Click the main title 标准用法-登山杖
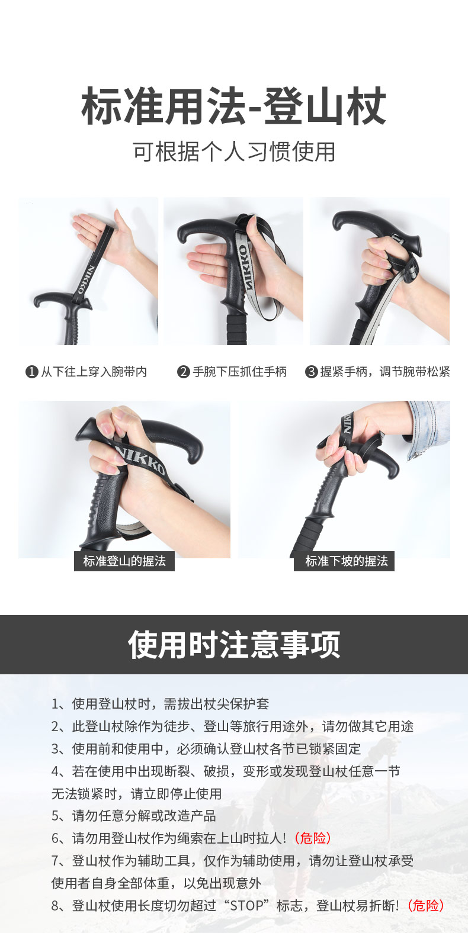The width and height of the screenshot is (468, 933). (x=234, y=106)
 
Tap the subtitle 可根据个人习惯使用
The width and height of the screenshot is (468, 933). (x=234, y=152)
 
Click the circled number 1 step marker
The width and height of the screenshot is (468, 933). (x=31, y=372)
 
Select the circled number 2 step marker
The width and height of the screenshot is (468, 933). (x=184, y=372)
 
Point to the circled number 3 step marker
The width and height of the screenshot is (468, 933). (x=311, y=372)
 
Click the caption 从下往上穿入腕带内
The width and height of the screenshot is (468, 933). (x=94, y=372)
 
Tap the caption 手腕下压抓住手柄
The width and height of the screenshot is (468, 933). (x=239, y=372)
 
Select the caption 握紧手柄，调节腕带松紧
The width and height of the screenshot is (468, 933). (x=385, y=372)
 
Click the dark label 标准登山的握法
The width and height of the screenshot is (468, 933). (x=124, y=561)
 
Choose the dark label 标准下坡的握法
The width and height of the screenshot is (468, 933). (x=344, y=561)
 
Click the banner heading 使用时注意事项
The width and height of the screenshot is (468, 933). (x=234, y=644)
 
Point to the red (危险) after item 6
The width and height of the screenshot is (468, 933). (x=313, y=838)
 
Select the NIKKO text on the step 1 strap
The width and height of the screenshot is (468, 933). (x=85, y=279)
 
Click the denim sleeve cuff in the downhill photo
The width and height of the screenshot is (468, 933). (x=427, y=429)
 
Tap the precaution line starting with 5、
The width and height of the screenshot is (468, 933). (x=134, y=816)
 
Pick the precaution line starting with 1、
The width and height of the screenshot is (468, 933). (x=160, y=704)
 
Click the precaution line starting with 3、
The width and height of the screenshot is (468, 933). (x=206, y=749)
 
